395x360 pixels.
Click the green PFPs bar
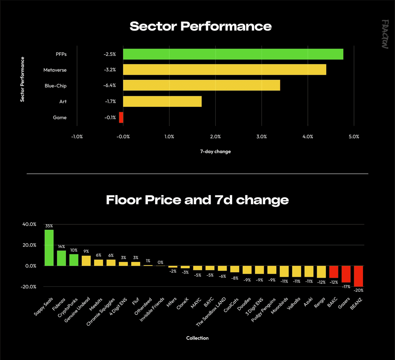click(233, 54)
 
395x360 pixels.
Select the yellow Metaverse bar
click(225, 69)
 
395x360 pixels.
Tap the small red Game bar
click(121, 117)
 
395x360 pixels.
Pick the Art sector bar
click(162, 101)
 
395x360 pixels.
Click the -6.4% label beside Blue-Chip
click(110, 86)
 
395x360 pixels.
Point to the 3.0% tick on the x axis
click(262, 137)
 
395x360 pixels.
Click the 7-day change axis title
click(215, 151)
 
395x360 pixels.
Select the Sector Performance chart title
click(201, 26)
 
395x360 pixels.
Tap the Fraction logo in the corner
click(385, 34)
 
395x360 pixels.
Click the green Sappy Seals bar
click(49, 248)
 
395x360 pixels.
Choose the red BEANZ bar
click(358, 276)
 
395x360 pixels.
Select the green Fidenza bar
click(61, 258)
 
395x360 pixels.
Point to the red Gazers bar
click(346, 274)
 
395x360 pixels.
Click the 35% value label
click(49, 226)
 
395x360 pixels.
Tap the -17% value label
click(346, 287)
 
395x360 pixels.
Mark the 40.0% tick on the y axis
click(29, 224)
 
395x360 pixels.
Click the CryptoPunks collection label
click(68, 308)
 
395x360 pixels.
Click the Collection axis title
click(197, 338)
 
